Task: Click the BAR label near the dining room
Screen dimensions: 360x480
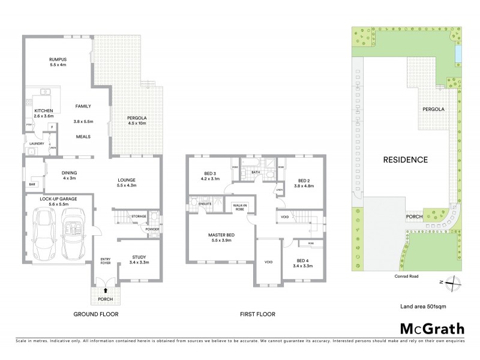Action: pyautogui.click(x=32, y=184)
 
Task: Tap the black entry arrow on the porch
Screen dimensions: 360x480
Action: pyautogui.click(x=106, y=290)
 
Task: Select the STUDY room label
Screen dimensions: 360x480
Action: pyautogui.click(x=140, y=257)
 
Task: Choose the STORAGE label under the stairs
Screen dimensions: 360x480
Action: pyautogui.click(x=139, y=217)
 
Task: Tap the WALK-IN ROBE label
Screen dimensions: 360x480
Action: pyautogui.click(x=241, y=207)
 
